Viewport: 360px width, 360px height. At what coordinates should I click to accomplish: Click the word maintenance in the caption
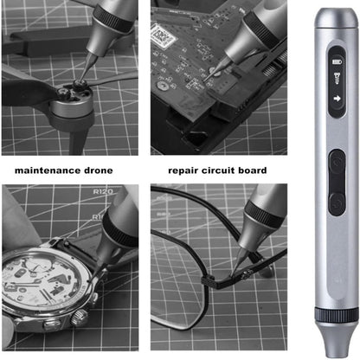tap(43, 170)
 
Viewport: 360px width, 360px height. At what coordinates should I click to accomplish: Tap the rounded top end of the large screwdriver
tap(337, 16)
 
